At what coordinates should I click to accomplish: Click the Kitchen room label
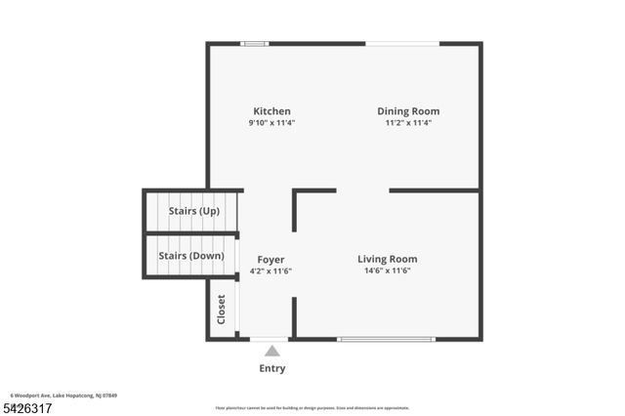(x=271, y=111)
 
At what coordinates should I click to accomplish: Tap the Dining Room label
(x=408, y=111)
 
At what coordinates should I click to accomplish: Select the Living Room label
(x=387, y=259)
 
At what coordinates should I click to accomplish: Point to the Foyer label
(x=271, y=259)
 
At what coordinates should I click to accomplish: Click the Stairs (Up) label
(x=194, y=211)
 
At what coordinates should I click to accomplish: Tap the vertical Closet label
(x=222, y=310)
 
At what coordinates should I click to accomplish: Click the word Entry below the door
(x=272, y=368)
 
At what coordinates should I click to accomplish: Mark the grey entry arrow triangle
(x=272, y=351)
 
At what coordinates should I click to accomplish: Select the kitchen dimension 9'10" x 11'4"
(x=271, y=123)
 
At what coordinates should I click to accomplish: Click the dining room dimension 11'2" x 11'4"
(x=408, y=123)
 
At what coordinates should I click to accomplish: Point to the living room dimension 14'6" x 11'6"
(x=387, y=270)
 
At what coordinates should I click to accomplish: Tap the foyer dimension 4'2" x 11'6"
(x=271, y=270)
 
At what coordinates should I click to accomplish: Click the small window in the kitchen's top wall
(x=255, y=43)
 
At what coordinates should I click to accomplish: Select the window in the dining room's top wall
(x=402, y=43)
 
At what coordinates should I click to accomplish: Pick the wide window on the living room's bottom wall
(x=387, y=339)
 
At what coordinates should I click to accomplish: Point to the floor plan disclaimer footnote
(x=312, y=408)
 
